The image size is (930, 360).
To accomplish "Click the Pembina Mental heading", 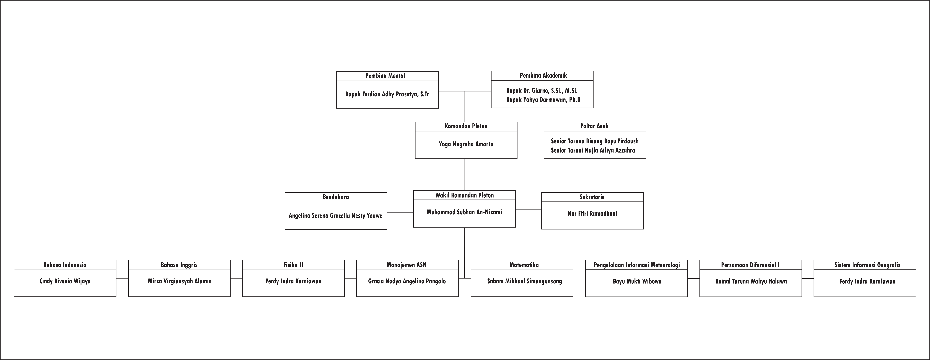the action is pos(385,76).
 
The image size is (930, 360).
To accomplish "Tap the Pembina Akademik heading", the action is pos(543,75).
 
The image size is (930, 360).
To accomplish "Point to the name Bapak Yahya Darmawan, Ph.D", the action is pos(543,100).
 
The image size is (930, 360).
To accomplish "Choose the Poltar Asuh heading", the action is pos(594,126).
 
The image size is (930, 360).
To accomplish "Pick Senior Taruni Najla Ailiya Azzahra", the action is pos(593,150).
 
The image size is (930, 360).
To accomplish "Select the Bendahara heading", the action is pos(336,197).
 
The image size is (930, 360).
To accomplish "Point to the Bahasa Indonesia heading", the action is pos(65,265).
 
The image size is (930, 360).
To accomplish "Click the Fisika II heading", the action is pos(293,265).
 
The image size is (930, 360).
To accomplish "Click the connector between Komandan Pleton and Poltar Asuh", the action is pos(530,141).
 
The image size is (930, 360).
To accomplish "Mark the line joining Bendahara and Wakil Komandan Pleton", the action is pos(400,212).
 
